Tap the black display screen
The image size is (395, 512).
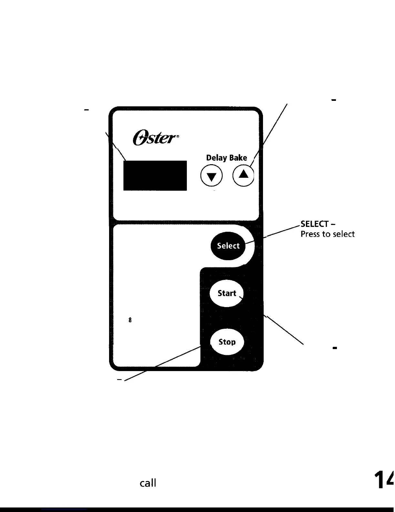pyautogui.click(x=155, y=176)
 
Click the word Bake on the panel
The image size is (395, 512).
pyautogui.click(x=238, y=158)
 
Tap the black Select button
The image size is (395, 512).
pyautogui.click(x=228, y=246)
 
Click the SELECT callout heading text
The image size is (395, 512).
pyautogui.click(x=315, y=224)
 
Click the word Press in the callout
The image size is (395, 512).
pyautogui.click(x=310, y=234)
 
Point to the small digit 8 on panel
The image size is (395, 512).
pyautogui.click(x=130, y=320)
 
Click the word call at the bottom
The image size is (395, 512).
pyautogui.click(x=148, y=483)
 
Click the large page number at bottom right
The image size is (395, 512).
pyautogui.click(x=384, y=480)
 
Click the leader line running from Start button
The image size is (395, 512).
pyautogui.click(x=284, y=330)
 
